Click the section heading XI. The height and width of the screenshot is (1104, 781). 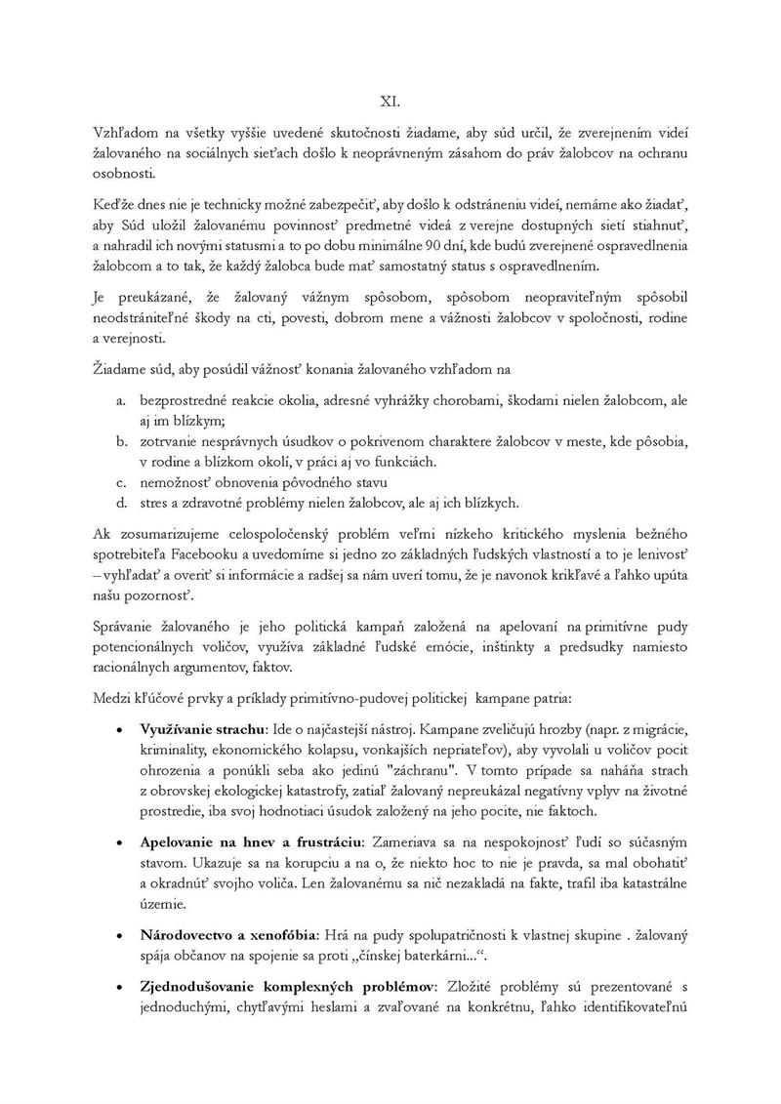pyautogui.click(x=390, y=101)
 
